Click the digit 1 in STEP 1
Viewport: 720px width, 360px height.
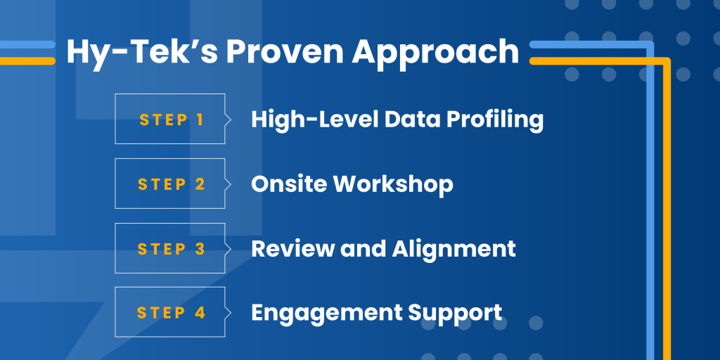click(200, 120)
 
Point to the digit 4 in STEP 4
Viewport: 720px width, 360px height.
click(200, 313)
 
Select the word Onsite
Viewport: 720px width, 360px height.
click(289, 184)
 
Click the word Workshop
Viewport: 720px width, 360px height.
click(393, 185)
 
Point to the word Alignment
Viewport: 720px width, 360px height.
click(454, 250)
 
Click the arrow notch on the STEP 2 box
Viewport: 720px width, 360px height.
click(228, 184)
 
